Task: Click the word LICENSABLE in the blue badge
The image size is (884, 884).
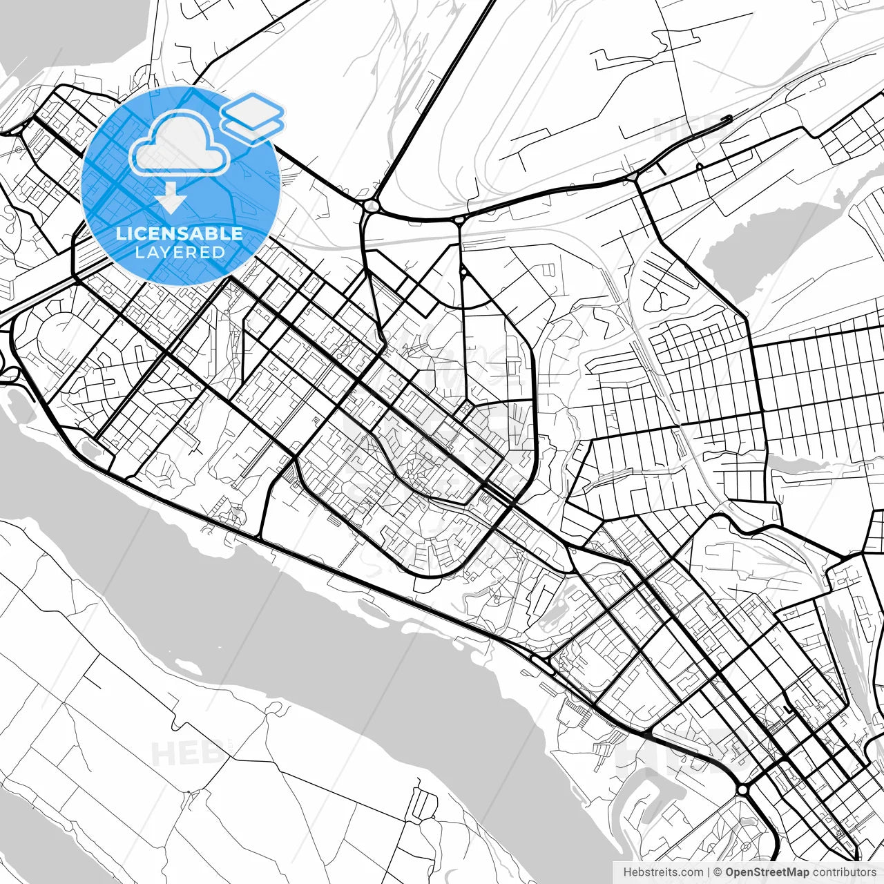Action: coord(180,233)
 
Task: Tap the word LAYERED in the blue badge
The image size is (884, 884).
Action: coord(180,253)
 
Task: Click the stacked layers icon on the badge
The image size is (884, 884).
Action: coord(253,117)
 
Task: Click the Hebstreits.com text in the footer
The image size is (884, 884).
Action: coord(663,872)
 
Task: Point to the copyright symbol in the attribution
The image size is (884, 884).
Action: coord(718,872)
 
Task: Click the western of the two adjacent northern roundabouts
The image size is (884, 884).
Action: coord(372,205)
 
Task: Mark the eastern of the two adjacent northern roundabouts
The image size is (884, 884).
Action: coord(459,220)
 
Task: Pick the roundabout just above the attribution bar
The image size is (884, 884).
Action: coord(742,789)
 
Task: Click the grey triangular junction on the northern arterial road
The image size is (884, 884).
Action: coord(633,177)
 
